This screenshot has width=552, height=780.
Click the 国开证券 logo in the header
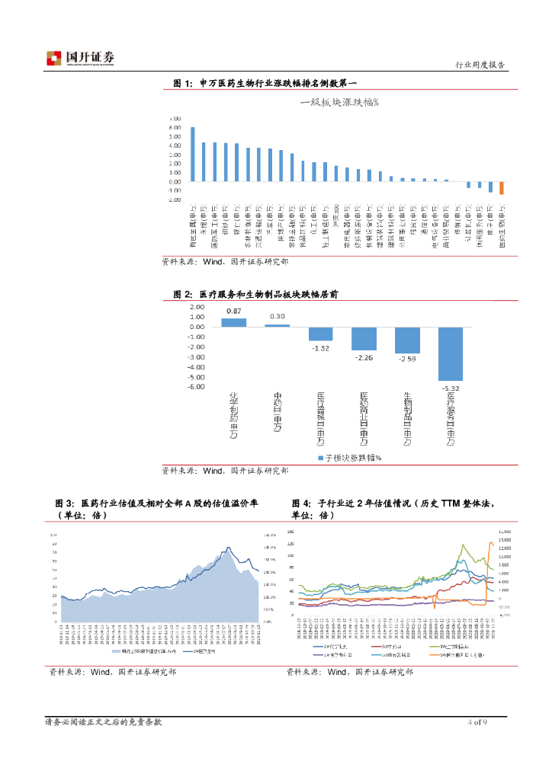pyautogui.click(x=81, y=58)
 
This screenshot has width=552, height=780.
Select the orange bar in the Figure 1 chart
pyautogui.click(x=502, y=188)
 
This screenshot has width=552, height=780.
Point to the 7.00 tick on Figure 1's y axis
pyautogui.click(x=175, y=119)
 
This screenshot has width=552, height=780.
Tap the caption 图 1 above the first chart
pyautogui.click(x=184, y=83)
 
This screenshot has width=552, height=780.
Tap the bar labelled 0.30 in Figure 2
pyautogui.click(x=278, y=325)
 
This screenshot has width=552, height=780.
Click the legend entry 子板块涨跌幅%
pyautogui.click(x=350, y=458)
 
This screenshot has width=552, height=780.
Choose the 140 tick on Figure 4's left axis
pyautogui.click(x=290, y=530)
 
